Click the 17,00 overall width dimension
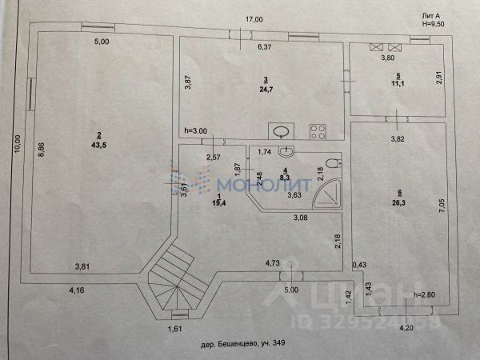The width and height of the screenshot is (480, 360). click(254, 19)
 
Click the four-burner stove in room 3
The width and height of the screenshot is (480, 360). click(316, 132)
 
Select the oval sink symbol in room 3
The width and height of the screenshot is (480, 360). click(279, 133)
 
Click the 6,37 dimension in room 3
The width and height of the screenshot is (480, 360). click(265, 46)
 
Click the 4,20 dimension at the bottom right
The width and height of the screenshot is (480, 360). click(407, 327)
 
